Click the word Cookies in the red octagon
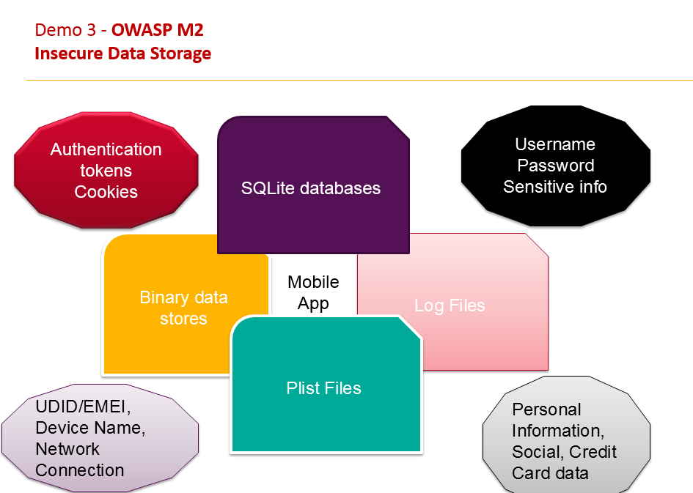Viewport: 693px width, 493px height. pyautogui.click(x=106, y=192)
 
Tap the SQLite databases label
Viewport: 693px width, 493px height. pyautogui.click(x=311, y=188)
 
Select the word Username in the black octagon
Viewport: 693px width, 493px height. pyautogui.click(x=554, y=144)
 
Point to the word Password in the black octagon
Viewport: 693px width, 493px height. pyautogui.click(x=555, y=166)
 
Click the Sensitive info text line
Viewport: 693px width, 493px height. pyautogui.click(x=555, y=187)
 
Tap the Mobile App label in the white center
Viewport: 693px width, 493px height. pyautogui.click(x=313, y=292)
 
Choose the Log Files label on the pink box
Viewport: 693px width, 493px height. pyautogui.click(x=450, y=305)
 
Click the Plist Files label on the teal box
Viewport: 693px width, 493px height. pyautogui.click(x=323, y=388)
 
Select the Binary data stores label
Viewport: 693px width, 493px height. pyautogui.click(x=183, y=308)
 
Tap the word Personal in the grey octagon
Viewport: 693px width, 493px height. pyautogui.click(x=546, y=409)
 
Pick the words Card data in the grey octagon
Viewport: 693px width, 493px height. pyautogui.click(x=550, y=473)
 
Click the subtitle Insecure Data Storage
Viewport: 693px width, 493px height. pyautogui.click(x=123, y=53)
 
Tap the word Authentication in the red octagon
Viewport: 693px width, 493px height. pyautogui.click(x=106, y=149)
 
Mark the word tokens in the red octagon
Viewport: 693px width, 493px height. pyautogui.click(x=106, y=171)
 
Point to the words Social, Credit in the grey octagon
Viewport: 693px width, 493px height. pyautogui.click(x=564, y=452)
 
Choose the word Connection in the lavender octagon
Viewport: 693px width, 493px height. pyautogui.click(x=80, y=470)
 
